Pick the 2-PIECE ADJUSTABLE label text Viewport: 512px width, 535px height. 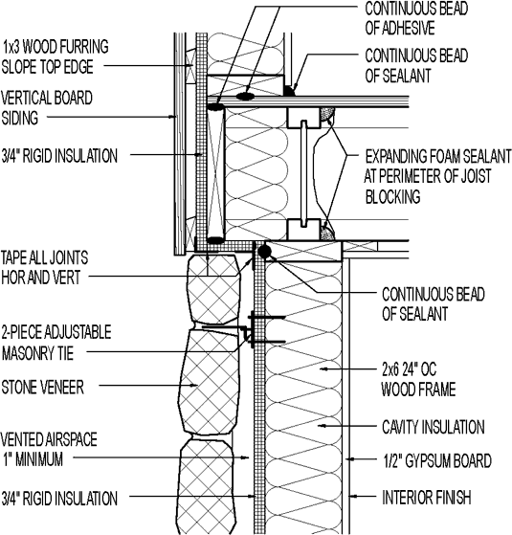click(x=56, y=332)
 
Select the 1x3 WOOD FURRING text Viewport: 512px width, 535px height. click(x=55, y=45)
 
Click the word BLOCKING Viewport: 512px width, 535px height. click(x=394, y=198)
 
